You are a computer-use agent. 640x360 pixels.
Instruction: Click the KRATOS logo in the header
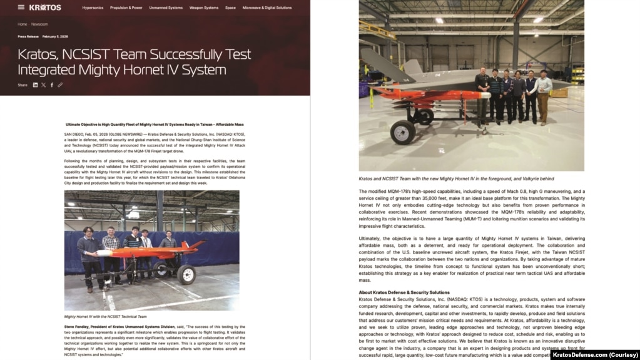click(45, 8)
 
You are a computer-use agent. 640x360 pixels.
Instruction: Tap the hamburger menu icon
click(21, 8)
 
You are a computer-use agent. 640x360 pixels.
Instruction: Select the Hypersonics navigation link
click(93, 8)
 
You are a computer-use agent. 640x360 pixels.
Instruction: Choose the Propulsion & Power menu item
click(126, 8)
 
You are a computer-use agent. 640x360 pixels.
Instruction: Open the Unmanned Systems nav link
click(166, 8)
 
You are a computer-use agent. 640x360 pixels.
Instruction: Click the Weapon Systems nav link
click(204, 8)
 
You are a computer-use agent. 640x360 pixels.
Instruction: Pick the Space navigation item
click(230, 8)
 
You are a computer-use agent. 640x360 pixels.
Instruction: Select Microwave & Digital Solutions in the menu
click(267, 8)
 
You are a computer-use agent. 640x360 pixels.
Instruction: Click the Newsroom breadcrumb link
click(39, 24)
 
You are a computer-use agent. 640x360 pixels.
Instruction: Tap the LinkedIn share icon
click(35, 85)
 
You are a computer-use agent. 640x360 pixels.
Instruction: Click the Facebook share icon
click(52, 85)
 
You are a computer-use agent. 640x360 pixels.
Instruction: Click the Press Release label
click(28, 36)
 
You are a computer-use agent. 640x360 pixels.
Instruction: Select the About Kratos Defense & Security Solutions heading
click(404, 292)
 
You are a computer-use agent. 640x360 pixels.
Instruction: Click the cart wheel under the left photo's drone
click(186, 274)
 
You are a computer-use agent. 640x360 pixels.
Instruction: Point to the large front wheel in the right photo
click(402, 133)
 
